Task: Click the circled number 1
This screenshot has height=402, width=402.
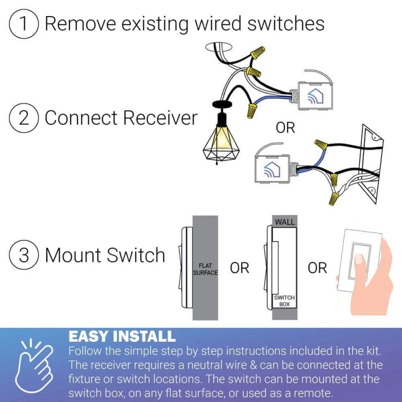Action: pos(24,24)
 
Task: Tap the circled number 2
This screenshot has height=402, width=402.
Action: pos(24,118)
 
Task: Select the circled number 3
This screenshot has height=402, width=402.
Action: pos(24,255)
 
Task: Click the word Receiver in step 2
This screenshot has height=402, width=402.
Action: pos(160,118)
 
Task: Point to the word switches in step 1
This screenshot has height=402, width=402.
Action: pos(286,24)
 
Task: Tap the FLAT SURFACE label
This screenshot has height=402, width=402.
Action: pos(206,269)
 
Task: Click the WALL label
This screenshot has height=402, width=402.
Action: pos(285,222)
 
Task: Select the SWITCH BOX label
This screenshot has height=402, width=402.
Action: pos(284,301)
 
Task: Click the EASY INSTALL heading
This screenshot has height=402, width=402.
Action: pos(122,336)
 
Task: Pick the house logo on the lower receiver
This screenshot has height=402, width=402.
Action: pos(272,169)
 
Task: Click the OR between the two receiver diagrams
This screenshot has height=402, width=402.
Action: pos(285,128)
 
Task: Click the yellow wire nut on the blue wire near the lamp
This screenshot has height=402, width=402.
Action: pos(252,110)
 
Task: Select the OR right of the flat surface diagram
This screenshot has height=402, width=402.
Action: pos(240,268)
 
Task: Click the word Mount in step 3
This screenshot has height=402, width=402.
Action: pos(74,255)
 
